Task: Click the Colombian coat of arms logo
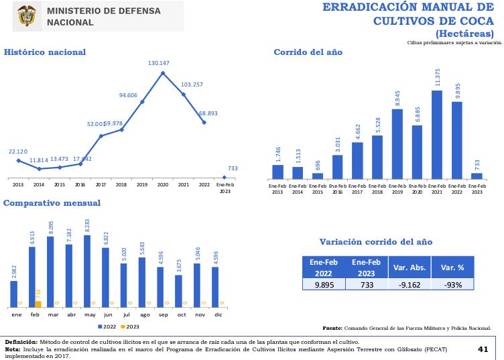coord(27,16)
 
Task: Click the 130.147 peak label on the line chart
coord(159,63)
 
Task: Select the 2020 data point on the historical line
coord(163,72)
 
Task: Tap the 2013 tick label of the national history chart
coord(17,184)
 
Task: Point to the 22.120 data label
coord(18,152)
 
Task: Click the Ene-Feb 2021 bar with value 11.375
coord(437,134)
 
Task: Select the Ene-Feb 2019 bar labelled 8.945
coord(397,143)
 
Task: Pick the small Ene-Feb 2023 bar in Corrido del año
coord(477,176)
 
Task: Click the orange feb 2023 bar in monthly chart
coord(38,304)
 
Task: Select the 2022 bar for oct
coord(178,290)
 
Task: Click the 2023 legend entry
coord(129,326)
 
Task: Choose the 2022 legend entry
coord(107,326)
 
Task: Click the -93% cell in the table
coord(452,284)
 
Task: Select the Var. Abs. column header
coord(409,267)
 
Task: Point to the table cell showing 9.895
coord(323,284)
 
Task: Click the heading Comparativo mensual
coord(52,203)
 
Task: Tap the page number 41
coord(483,349)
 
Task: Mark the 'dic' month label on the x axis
coord(218,314)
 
